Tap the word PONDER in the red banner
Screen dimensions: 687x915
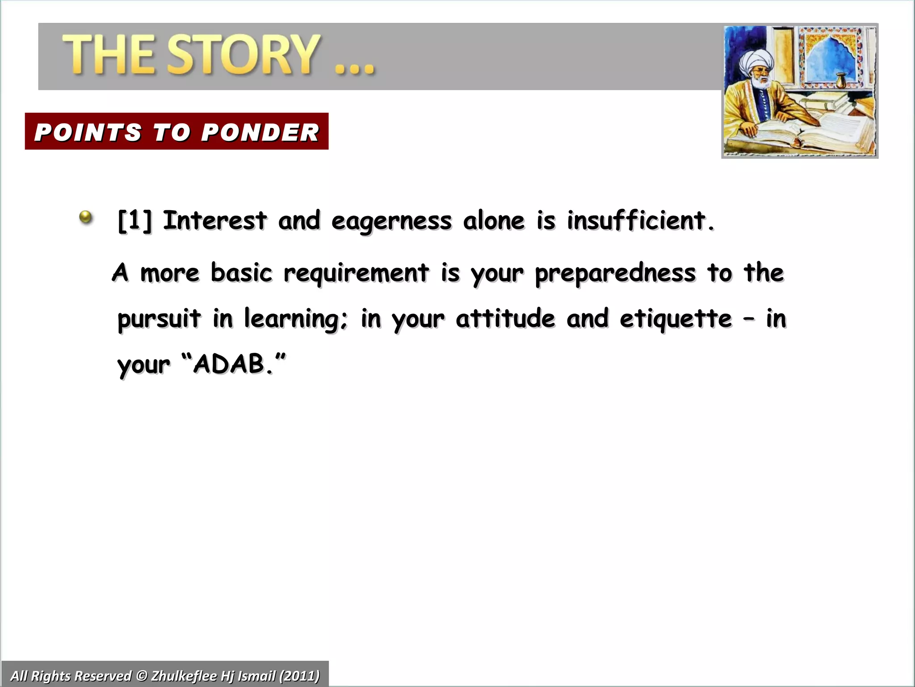(260, 132)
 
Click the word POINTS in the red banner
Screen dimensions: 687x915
(88, 132)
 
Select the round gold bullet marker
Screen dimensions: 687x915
(85, 218)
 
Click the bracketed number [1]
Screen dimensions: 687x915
(134, 221)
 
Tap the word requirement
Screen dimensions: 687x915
(356, 274)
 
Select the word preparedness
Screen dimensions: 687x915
(615, 274)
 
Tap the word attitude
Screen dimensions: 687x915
(505, 318)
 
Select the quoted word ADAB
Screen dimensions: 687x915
(230, 364)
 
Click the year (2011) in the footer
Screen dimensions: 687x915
(299, 675)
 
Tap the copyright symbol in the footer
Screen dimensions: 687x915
(141, 675)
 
